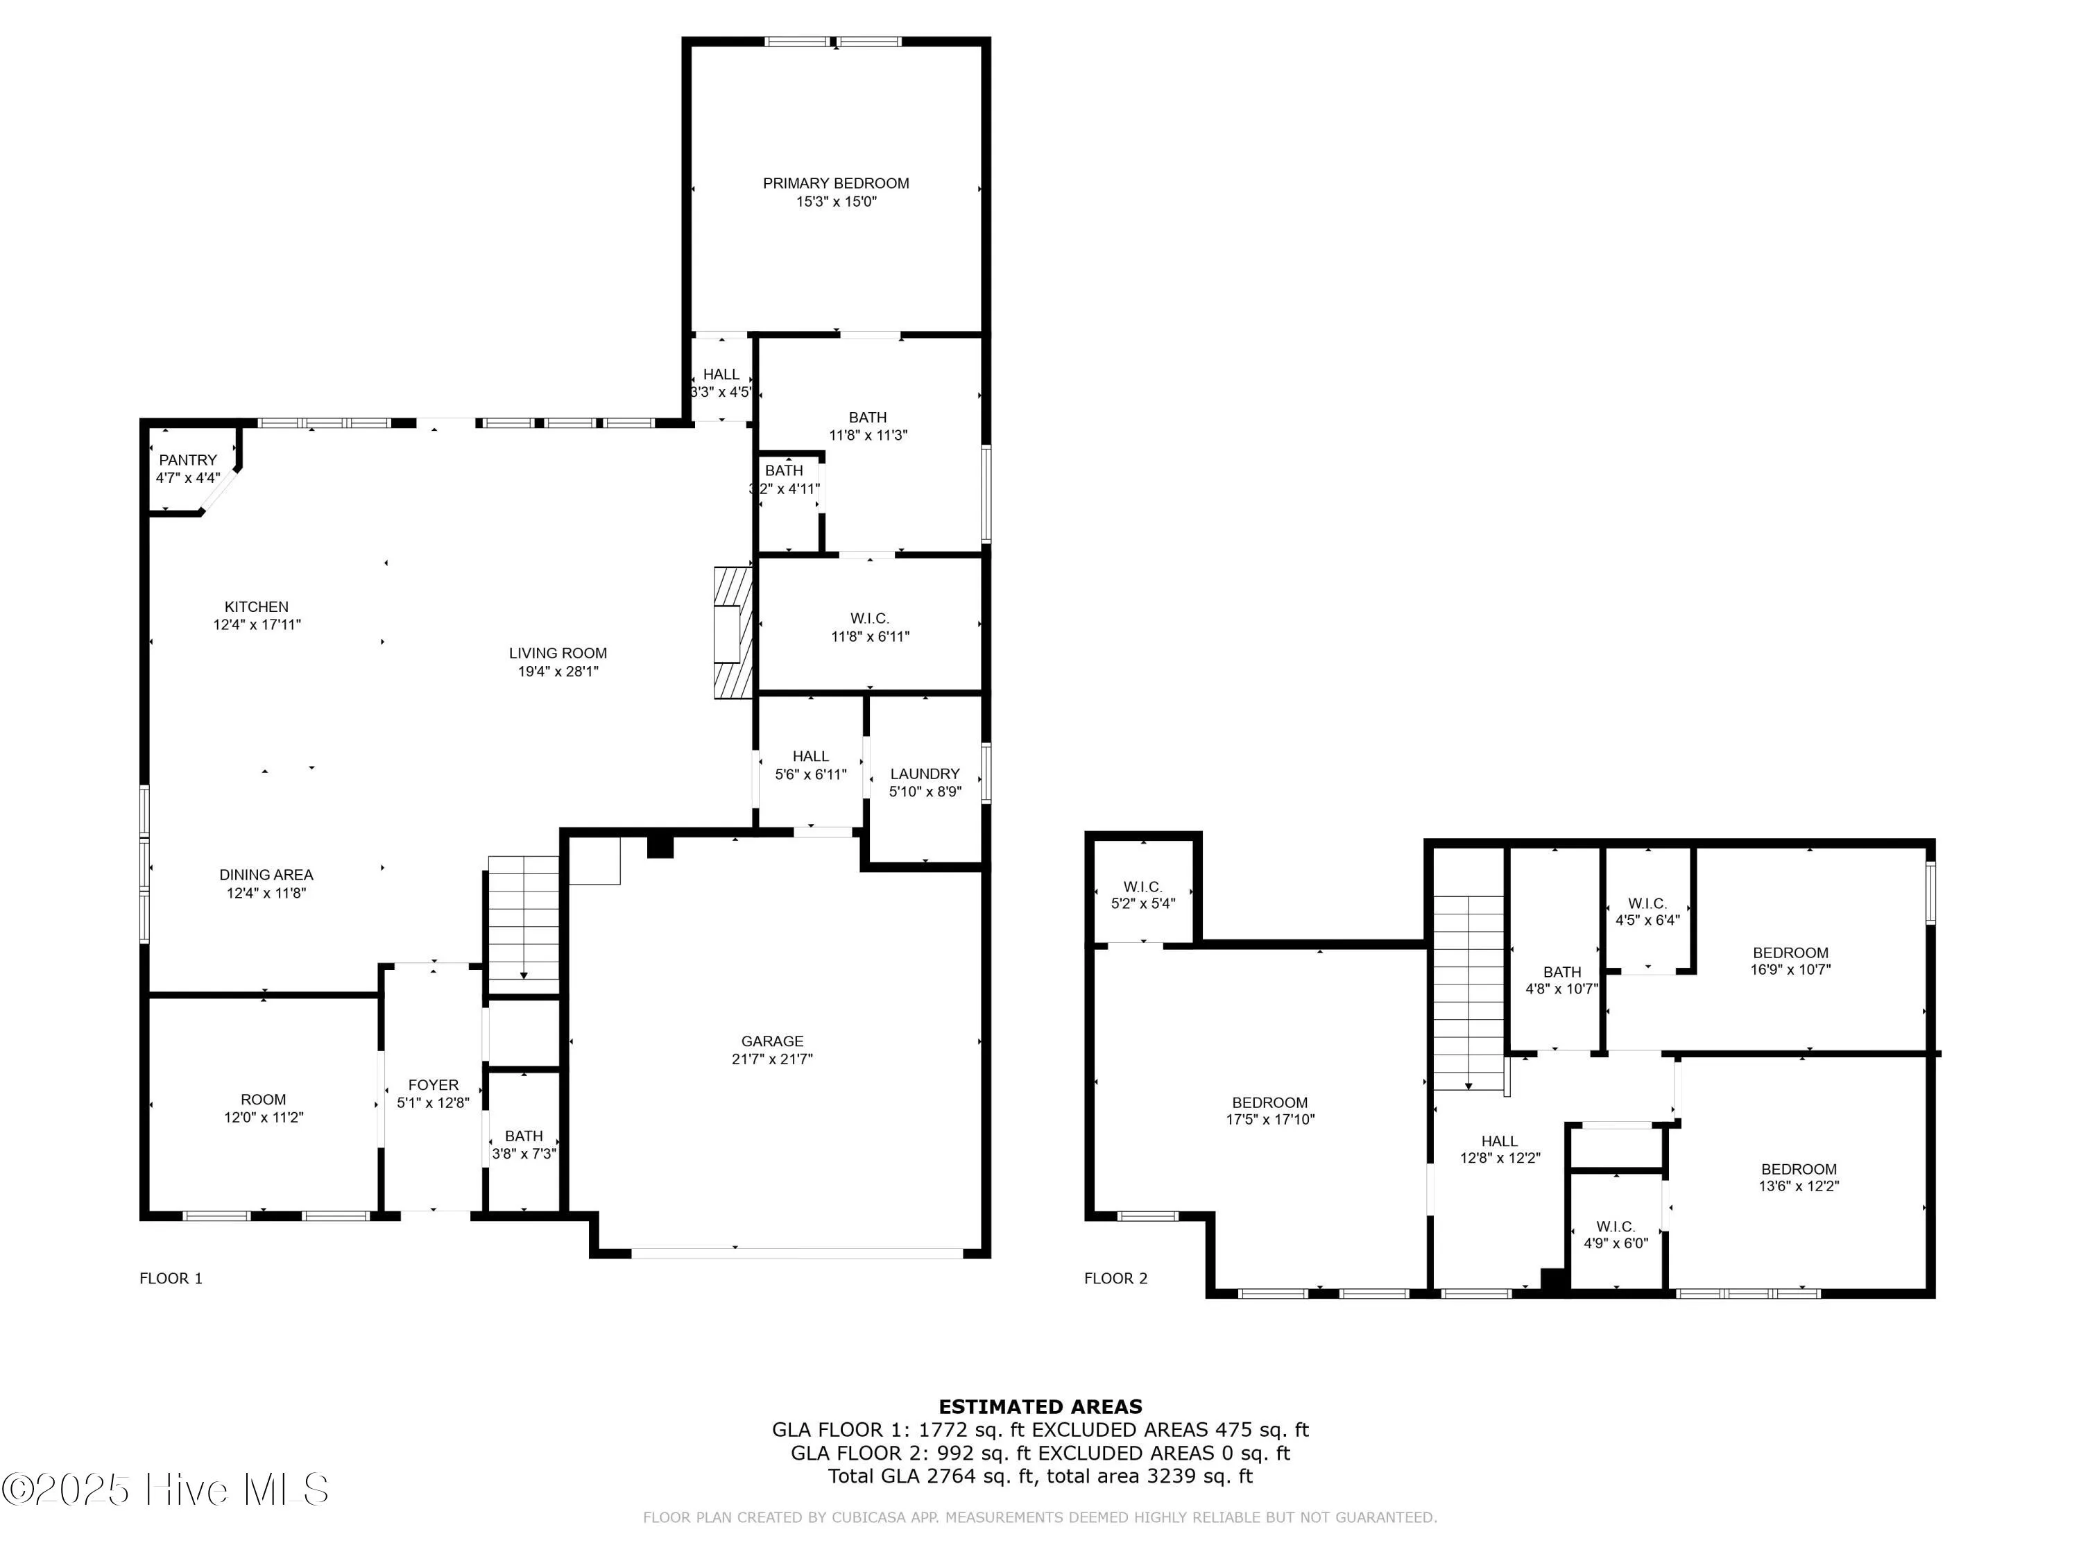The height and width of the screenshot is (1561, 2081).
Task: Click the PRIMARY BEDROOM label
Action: pos(835,183)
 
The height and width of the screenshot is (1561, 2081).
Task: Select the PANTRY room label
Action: pos(187,460)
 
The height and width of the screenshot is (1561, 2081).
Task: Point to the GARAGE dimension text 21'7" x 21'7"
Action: pos(771,1059)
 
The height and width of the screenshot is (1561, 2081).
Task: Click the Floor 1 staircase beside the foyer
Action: pos(523,920)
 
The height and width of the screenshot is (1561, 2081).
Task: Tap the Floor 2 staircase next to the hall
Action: pos(1468,993)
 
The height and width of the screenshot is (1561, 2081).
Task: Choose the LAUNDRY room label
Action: pos(925,774)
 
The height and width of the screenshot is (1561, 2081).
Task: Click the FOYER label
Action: pos(433,1085)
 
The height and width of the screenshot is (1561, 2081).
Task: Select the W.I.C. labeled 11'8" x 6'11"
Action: pos(869,626)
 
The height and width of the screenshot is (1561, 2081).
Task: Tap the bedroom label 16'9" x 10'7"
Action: pos(1790,961)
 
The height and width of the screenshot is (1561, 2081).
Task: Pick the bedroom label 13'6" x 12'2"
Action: pos(1798,1177)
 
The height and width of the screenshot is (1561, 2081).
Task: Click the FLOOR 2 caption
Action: pos(1115,1278)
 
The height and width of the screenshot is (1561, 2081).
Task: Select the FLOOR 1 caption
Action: pos(170,1278)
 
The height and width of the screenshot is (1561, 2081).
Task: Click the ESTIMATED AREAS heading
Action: pos(1040,1407)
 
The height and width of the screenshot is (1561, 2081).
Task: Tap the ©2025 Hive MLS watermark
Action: pos(166,1490)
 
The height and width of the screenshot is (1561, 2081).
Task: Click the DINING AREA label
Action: pos(266,875)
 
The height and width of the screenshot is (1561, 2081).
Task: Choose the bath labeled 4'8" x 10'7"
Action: pos(1561,980)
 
